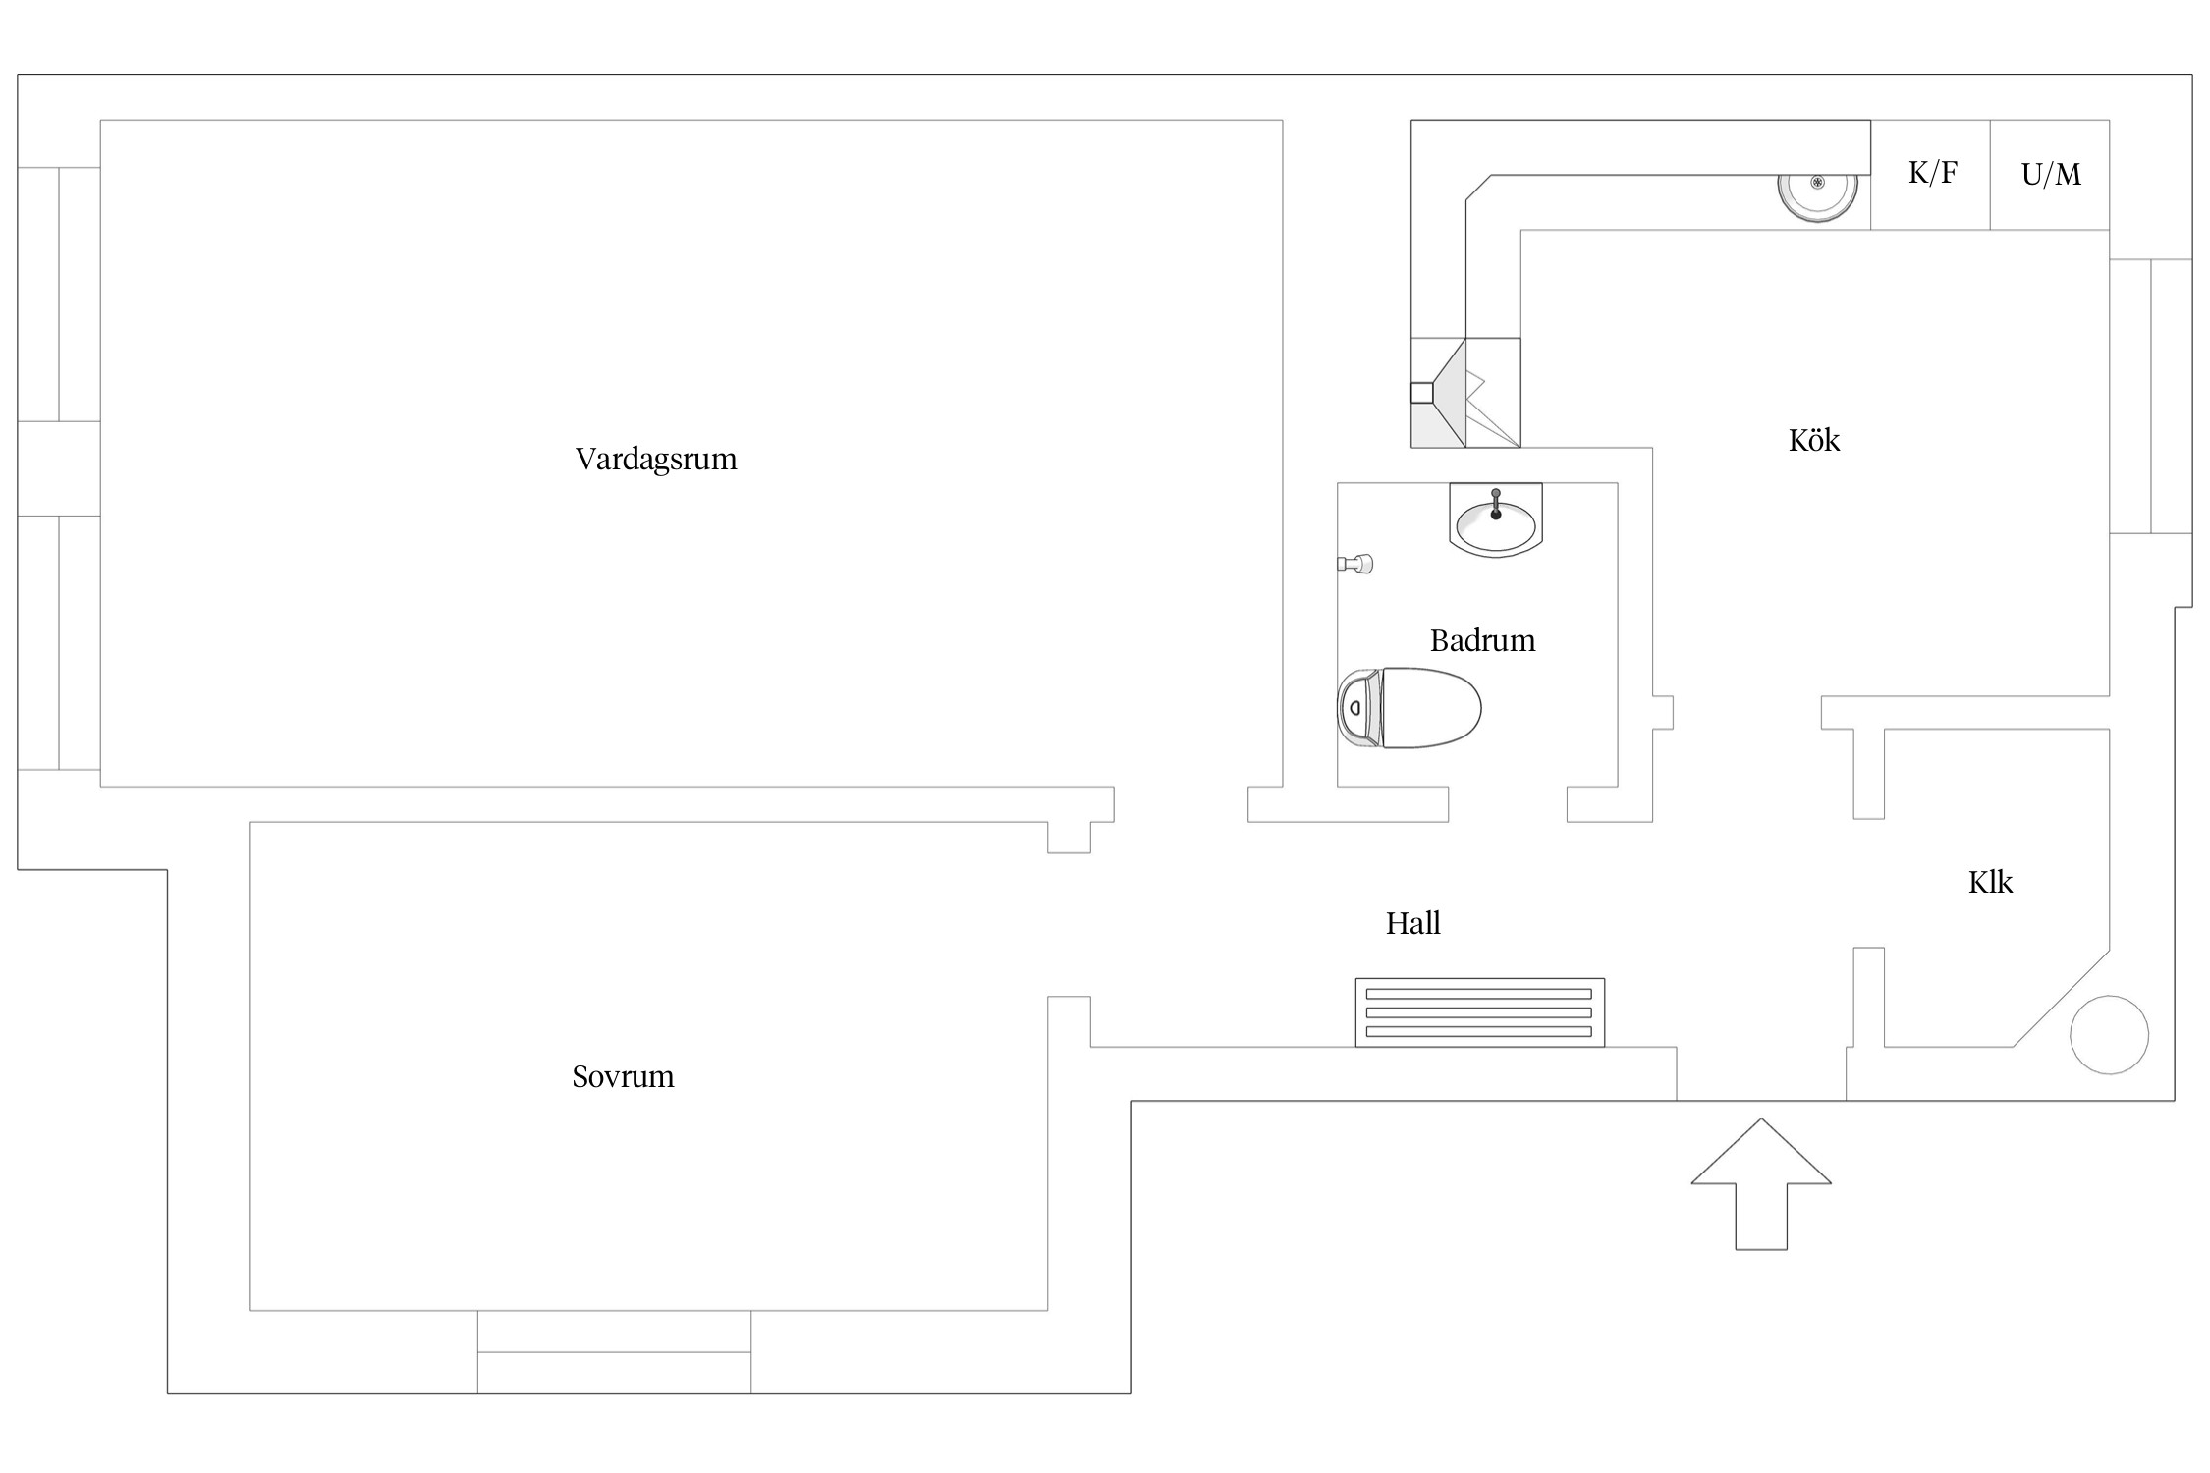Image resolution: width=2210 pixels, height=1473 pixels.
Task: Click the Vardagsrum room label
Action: click(655, 459)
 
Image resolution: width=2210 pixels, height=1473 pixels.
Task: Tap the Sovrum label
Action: click(623, 1076)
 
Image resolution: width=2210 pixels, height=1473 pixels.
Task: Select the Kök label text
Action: click(1813, 439)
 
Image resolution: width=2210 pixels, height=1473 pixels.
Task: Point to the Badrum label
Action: click(1482, 640)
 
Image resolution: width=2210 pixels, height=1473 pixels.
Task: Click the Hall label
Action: click(1412, 923)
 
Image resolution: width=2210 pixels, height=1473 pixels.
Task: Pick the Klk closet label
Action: click(1990, 882)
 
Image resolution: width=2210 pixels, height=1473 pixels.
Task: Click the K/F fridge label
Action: click(1932, 173)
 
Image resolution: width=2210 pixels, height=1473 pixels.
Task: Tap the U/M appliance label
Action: click(2051, 174)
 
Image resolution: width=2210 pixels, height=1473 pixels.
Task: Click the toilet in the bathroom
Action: click(1409, 708)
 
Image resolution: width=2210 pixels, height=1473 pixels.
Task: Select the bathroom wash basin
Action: click(1496, 520)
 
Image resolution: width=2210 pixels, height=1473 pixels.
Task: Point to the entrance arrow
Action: click(1761, 1184)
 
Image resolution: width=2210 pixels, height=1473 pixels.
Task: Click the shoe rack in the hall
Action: click(1480, 1012)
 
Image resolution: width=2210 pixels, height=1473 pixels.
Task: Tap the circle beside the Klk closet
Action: click(2109, 1035)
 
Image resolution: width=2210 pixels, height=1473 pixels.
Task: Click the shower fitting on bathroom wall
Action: click(1355, 564)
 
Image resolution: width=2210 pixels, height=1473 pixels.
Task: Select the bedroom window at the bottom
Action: click(615, 1352)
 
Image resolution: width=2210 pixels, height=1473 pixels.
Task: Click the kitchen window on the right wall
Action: click(2150, 397)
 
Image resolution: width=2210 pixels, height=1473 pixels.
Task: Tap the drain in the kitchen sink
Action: click(1817, 183)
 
